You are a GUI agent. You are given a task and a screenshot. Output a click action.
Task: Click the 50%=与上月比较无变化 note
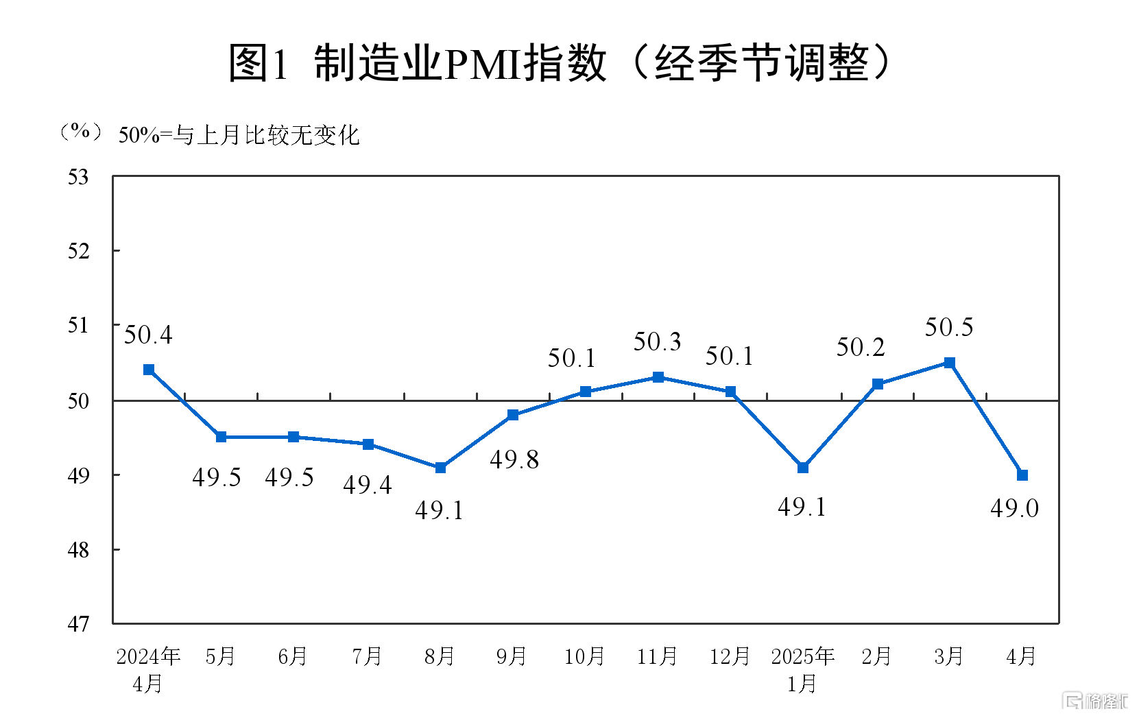coord(239,135)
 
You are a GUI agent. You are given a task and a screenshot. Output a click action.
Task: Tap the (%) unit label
coord(81,131)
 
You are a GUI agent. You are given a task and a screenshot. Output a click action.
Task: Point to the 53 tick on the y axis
coord(78,177)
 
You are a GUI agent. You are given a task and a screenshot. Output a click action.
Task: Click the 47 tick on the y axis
coord(78,624)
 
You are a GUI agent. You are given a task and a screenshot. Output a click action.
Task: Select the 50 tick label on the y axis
coord(78,401)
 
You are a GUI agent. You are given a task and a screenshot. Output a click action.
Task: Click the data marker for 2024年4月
coord(149,370)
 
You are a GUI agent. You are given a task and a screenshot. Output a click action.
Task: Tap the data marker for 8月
coord(441,468)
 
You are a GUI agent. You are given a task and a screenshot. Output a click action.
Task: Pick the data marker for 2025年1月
coord(803,468)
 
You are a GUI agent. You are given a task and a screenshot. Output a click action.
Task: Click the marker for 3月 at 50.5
coord(950,363)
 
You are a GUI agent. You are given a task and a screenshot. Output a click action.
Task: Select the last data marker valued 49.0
coord(1022,475)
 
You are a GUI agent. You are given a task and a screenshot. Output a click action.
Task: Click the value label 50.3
coord(657,342)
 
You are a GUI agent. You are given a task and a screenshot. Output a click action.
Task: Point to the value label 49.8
coord(514,459)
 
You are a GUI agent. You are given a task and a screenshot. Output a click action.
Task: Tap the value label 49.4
coord(368,485)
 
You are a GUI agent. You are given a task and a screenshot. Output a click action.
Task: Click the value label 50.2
coord(861,347)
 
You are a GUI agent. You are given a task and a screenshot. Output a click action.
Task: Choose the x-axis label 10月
coord(584,656)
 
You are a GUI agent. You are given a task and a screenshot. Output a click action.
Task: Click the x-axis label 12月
coord(730,656)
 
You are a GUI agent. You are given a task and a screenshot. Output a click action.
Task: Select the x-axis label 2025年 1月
coord(802,669)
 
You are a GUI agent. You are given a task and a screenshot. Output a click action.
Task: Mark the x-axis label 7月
coord(367,656)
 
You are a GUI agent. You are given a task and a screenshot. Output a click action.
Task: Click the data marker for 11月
coord(658,377)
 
